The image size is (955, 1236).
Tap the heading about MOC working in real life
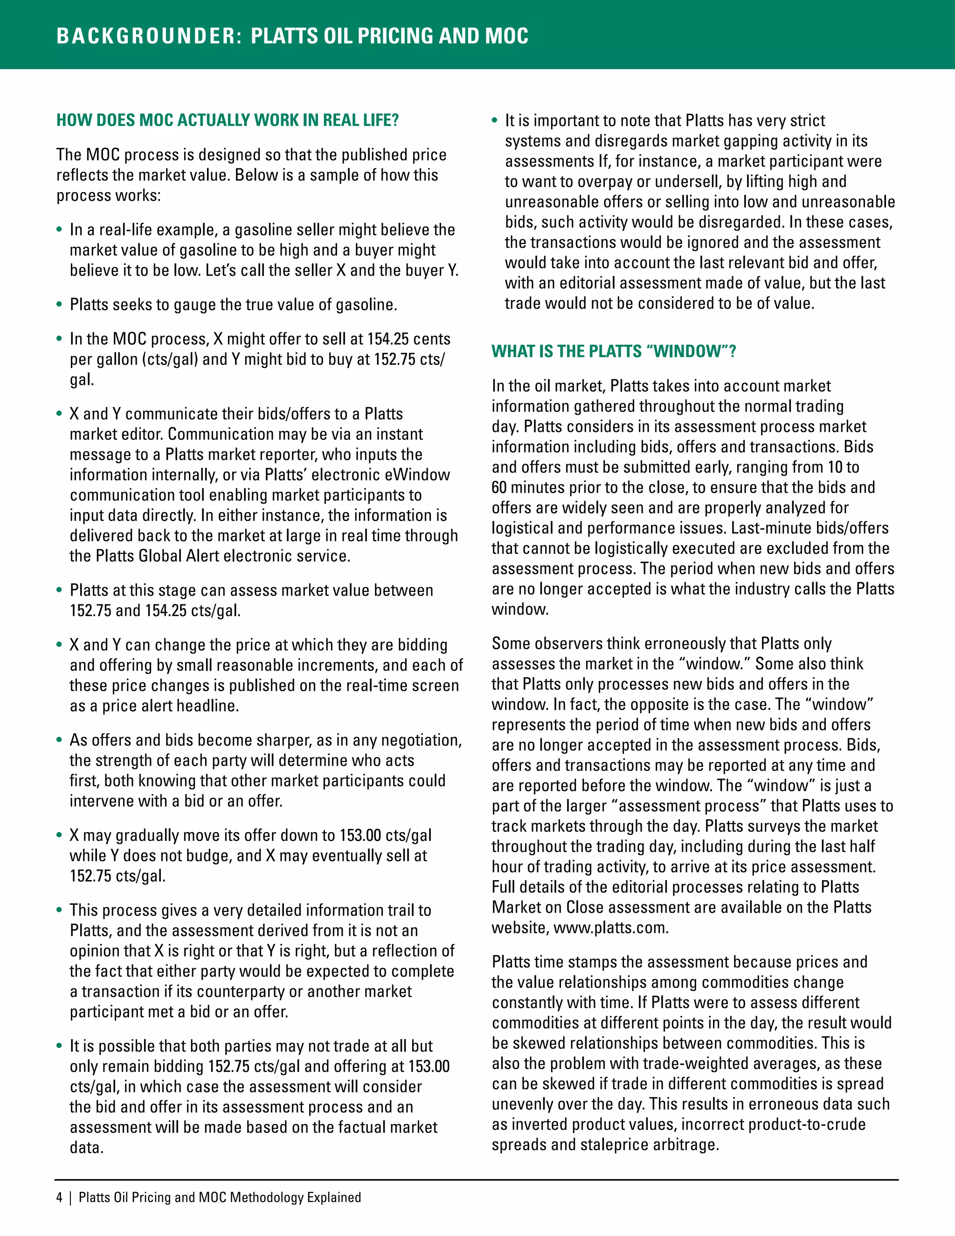tap(228, 120)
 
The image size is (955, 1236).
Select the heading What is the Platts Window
tap(613, 352)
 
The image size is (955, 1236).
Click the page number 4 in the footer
tap(59, 1197)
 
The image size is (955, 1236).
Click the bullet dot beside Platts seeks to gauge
tap(59, 305)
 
